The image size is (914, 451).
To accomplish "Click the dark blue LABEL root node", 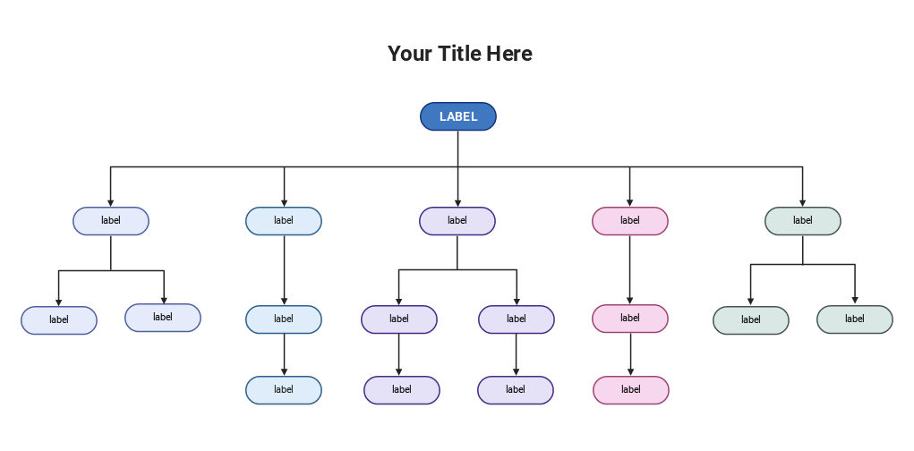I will [x=457, y=116].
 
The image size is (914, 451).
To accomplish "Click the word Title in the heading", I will [x=459, y=54].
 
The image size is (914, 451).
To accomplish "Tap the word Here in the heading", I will [x=508, y=54].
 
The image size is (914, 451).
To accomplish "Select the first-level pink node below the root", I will [x=629, y=221].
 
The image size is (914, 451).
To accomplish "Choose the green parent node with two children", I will [x=802, y=221].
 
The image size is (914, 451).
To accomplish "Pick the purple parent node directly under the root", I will [x=457, y=221].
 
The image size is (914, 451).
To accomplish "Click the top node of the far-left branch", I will [x=110, y=221].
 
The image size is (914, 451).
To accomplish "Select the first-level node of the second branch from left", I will [x=284, y=221].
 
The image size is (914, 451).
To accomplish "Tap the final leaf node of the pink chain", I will [x=630, y=390].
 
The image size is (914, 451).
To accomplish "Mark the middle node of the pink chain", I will [x=629, y=319].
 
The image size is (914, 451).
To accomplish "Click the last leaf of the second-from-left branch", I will [x=284, y=390].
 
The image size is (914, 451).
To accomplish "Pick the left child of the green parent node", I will [x=750, y=320].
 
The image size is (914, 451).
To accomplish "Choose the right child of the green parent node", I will [x=854, y=319].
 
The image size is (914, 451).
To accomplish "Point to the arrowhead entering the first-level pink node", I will [x=629, y=202].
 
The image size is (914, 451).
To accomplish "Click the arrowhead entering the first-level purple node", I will [x=457, y=202].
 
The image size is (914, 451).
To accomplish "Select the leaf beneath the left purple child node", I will [x=401, y=390].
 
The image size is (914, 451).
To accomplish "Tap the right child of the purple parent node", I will [x=516, y=319].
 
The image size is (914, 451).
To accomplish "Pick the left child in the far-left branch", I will [x=59, y=320].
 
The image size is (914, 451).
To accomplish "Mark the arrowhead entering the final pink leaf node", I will [x=630, y=371].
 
